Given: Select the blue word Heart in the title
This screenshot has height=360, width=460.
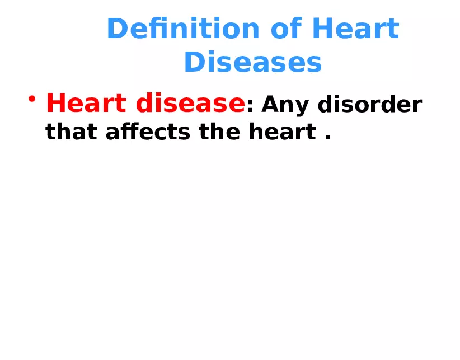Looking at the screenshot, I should [355, 29].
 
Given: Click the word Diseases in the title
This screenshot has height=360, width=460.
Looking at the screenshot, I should [253, 63].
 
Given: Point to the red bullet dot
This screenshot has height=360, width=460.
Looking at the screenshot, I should [32, 100].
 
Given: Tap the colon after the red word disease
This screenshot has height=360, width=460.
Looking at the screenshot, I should [250, 106].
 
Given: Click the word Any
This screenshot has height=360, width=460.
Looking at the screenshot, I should [284, 105].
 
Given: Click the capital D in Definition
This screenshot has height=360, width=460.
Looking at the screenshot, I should [116, 29].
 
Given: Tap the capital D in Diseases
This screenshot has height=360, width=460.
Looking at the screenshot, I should [194, 63].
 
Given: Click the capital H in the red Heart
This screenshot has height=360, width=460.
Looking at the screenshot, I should [57, 104].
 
